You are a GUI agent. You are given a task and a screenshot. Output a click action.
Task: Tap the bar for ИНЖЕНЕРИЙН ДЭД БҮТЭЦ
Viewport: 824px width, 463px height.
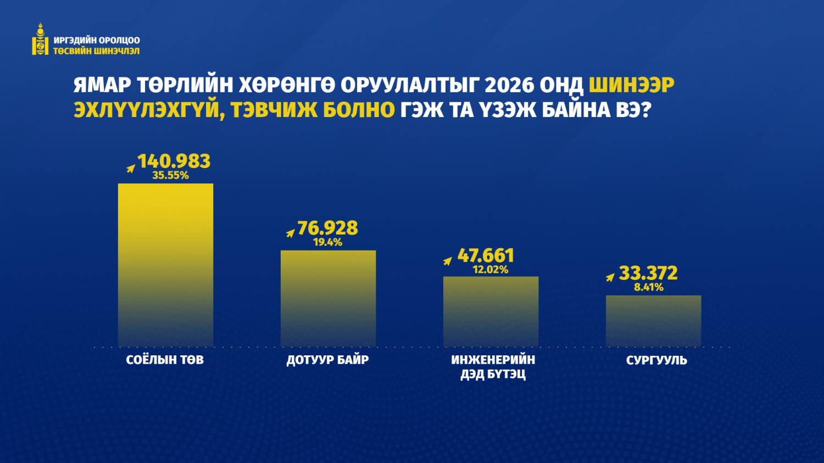(491, 311)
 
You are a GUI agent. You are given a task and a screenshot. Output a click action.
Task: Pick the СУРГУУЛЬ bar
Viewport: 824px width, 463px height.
(653, 321)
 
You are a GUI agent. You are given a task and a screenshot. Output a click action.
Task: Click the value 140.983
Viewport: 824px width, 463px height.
(174, 161)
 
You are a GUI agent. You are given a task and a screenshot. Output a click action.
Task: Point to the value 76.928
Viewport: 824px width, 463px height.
(327, 228)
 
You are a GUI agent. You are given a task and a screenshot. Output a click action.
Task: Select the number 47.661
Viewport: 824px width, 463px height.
(486, 255)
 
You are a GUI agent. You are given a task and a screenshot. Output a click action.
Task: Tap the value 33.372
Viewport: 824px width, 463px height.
(648, 273)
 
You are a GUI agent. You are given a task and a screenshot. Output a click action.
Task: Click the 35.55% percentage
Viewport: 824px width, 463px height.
(170, 176)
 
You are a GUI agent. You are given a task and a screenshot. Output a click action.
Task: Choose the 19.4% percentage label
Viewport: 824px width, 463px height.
(327, 242)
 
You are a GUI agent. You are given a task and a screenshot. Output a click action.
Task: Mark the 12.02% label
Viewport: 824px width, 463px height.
(490, 270)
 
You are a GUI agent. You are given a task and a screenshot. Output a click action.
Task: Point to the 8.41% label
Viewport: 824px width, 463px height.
(649, 287)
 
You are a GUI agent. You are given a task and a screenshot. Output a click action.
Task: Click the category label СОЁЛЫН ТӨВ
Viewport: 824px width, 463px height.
(165, 360)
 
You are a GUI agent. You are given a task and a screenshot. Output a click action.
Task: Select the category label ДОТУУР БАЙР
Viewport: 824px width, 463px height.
(327, 360)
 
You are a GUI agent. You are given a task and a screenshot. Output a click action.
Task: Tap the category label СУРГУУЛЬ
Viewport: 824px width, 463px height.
(656, 360)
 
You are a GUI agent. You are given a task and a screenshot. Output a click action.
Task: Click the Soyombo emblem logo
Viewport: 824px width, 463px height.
(40, 40)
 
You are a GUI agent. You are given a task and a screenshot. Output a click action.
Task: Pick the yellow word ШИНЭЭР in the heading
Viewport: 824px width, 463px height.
(632, 85)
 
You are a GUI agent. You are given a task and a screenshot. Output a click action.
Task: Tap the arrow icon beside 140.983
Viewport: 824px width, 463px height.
(131, 168)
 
